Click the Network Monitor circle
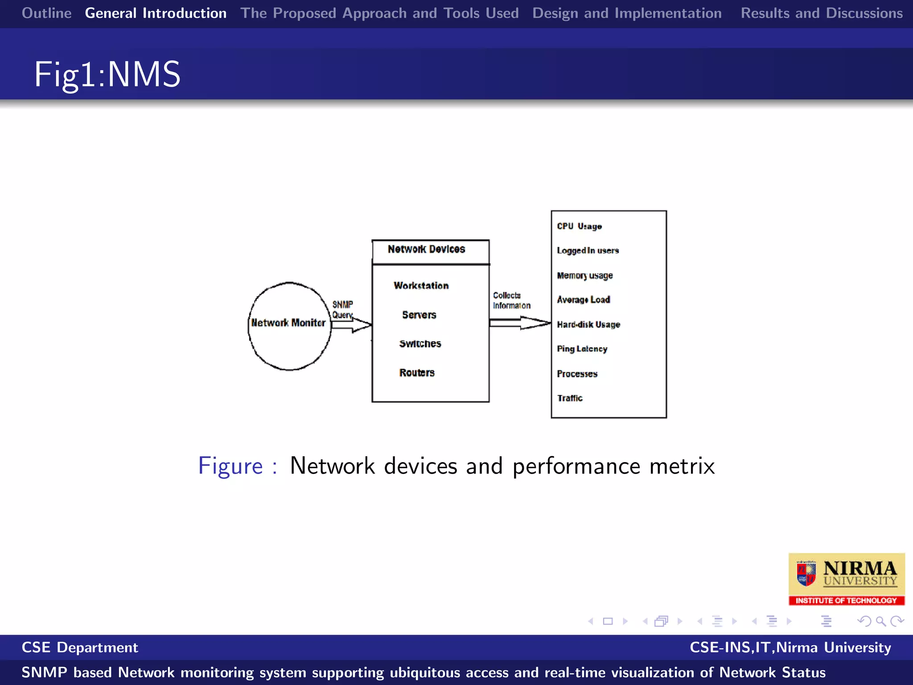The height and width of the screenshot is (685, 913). (x=289, y=326)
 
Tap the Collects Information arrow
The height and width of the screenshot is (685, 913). (x=520, y=322)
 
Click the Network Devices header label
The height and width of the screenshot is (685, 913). (x=426, y=249)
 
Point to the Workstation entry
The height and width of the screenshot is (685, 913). (x=421, y=286)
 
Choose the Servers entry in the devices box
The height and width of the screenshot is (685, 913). (x=419, y=315)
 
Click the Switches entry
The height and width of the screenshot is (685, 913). (x=420, y=344)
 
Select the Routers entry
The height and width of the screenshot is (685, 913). (x=417, y=373)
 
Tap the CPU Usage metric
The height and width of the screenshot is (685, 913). (x=579, y=226)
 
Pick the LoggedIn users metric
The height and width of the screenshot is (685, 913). (x=588, y=251)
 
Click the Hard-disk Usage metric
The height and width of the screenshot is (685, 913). (x=588, y=325)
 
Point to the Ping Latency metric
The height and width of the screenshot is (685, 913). (x=582, y=349)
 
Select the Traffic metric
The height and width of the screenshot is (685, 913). (x=570, y=398)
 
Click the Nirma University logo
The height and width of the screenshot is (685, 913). (x=846, y=579)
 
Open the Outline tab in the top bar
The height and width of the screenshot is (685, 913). (x=47, y=13)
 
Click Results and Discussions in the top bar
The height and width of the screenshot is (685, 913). (x=821, y=13)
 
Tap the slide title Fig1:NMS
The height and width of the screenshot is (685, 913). (x=107, y=74)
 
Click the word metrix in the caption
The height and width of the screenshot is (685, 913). (x=682, y=466)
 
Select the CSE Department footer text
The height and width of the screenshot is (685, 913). (x=80, y=647)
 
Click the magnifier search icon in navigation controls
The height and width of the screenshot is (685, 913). (x=880, y=621)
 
